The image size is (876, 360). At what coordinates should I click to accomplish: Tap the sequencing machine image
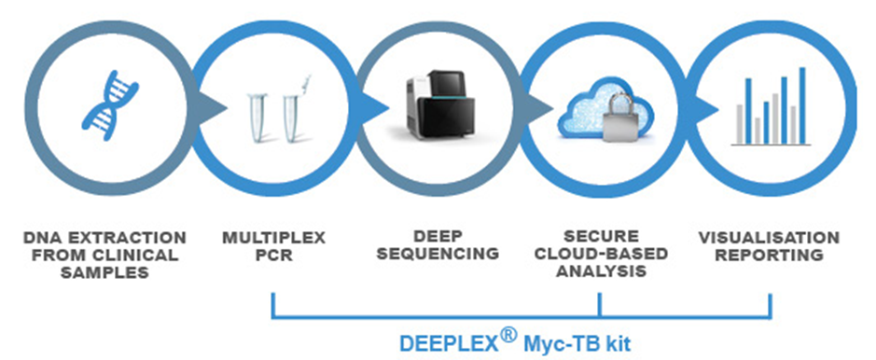439,105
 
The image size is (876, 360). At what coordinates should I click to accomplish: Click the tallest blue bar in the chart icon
803,105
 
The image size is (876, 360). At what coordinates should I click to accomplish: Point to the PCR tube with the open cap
295,108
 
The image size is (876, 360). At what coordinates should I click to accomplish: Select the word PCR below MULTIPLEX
273,256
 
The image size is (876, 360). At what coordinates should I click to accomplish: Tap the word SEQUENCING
438,254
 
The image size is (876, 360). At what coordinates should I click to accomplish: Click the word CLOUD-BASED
601,254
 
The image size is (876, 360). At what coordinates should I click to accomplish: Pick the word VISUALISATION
770,238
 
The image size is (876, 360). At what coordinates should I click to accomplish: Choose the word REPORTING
770,255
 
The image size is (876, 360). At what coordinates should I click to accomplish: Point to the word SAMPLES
105,272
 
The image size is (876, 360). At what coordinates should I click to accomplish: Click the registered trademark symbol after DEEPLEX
508,337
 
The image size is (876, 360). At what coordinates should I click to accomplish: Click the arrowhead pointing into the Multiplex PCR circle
216,108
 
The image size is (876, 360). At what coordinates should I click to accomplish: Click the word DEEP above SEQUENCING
438,237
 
